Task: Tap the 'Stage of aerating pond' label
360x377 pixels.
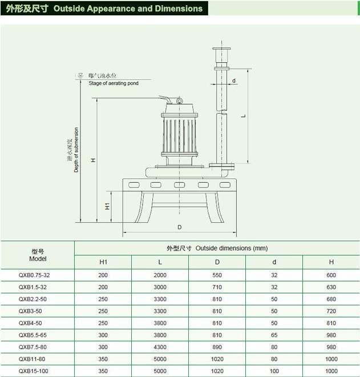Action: coord(115,83)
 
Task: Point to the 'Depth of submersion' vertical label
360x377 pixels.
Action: coord(76,150)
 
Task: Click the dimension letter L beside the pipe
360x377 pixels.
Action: coord(244,115)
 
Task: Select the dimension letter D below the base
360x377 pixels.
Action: coord(179,227)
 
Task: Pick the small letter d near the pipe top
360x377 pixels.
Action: coord(234,81)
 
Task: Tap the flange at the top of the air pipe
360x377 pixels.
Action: coord(221,50)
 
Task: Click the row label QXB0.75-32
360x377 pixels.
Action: coord(38,275)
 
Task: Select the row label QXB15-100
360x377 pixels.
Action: coord(38,371)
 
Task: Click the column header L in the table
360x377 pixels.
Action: coord(160,262)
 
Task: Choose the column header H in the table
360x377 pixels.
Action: coord(331,262)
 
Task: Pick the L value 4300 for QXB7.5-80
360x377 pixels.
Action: coord(160,347)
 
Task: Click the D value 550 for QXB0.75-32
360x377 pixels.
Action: coord(217,275)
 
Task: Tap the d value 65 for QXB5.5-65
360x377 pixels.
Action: coord(274,335)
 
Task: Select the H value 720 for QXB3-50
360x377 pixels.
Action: coord(331,311)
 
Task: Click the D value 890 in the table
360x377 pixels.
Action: coord(217,347)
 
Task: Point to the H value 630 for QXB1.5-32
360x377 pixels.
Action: coord(331,287)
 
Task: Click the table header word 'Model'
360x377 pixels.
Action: coord(38,259)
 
